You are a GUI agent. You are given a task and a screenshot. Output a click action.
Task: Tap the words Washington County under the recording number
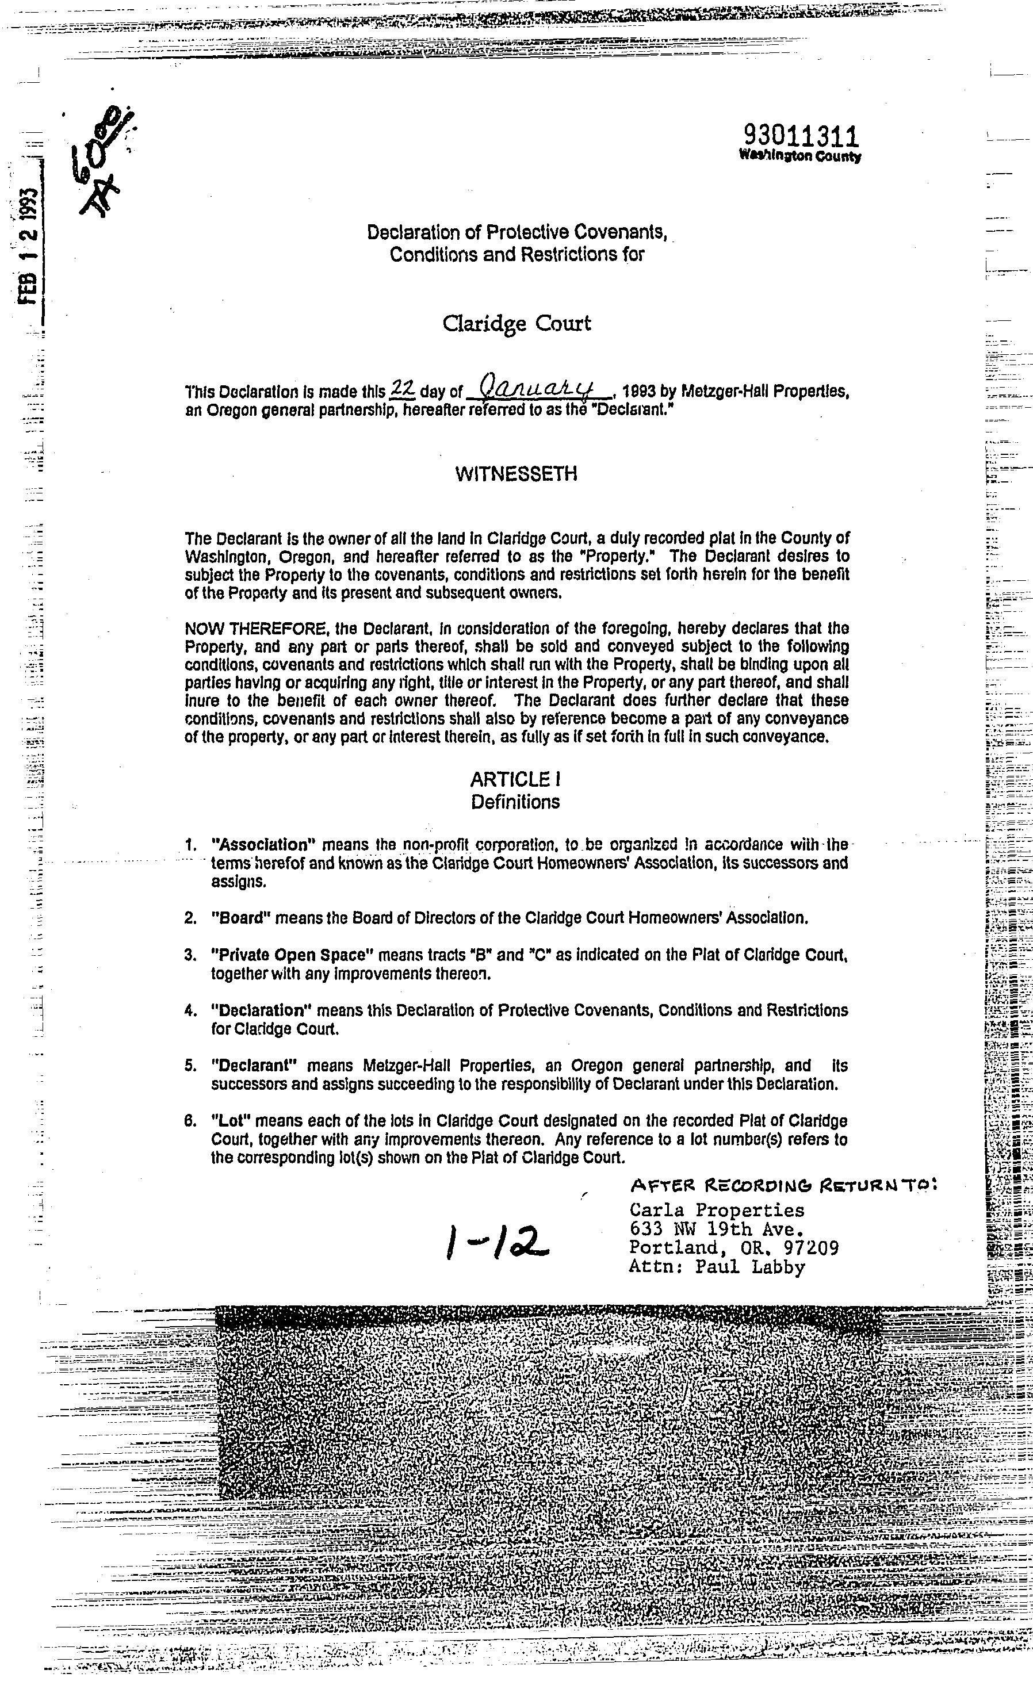tap(800, 156)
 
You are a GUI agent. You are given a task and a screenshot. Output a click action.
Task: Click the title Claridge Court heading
tap(516, 324)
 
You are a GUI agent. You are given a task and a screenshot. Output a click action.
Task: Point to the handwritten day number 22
tap(401, 389)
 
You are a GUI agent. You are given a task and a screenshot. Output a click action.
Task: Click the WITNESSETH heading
tap(516, 474)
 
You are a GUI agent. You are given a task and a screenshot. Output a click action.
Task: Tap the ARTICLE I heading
tap(515, 779)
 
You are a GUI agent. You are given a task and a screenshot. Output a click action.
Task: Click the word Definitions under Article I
tap(515, 802)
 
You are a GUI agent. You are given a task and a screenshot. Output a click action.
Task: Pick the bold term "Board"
tap(242, 918)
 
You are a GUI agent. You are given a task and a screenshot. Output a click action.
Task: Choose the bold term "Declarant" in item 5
tap(254, 1066)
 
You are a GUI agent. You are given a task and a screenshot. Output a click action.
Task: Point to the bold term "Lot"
tap(230, 1121)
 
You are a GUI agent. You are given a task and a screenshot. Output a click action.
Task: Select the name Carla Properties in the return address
tap(716, 1211)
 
